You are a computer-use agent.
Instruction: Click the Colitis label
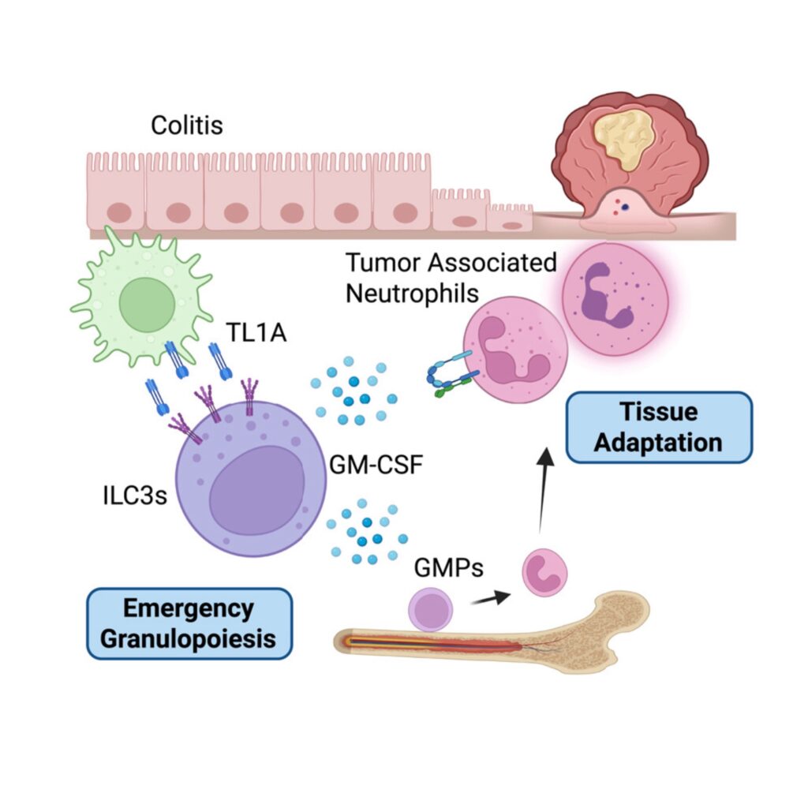click(x=187, y=124)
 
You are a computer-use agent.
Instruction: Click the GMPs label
click(x=447, y=567)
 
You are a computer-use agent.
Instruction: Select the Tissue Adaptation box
click(x=658, y=427)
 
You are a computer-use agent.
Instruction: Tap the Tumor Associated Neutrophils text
click(x=451, y=277)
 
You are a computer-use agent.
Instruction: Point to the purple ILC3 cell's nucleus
click(x=257, y=487)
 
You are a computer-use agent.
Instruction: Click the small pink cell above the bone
click(x=545, y=572)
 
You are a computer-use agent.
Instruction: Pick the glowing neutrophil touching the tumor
click(x=614, y=298)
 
